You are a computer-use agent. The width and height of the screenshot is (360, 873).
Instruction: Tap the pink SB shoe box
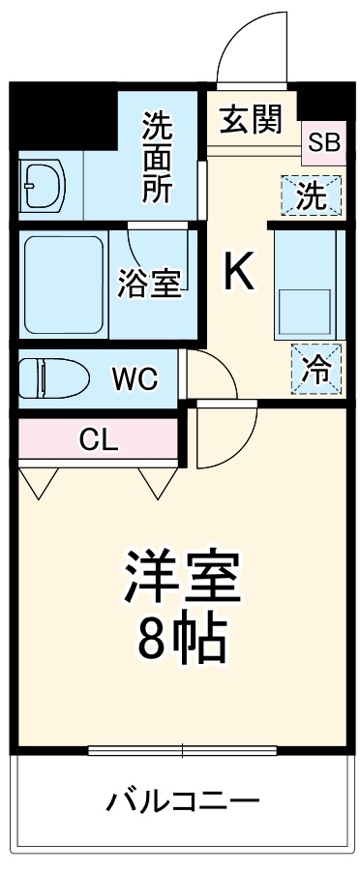[x=323, y=142]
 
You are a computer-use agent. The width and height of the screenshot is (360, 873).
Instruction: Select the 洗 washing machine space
[x=310, y=196]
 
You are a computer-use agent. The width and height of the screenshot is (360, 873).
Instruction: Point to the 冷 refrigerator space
[x=315, y=370]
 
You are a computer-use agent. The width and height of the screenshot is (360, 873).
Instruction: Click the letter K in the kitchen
[x=239, y=272]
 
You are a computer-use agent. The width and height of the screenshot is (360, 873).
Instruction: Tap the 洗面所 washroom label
[x=158, y=156]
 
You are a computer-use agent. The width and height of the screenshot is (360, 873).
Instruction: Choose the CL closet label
[x=98, y=440]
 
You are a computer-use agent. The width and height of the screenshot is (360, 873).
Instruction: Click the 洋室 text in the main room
[x=181, y=577]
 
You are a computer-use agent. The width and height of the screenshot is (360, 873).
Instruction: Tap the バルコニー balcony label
[x=183, y=801]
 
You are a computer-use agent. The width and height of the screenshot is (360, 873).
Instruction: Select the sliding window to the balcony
[x=182, y=750]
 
